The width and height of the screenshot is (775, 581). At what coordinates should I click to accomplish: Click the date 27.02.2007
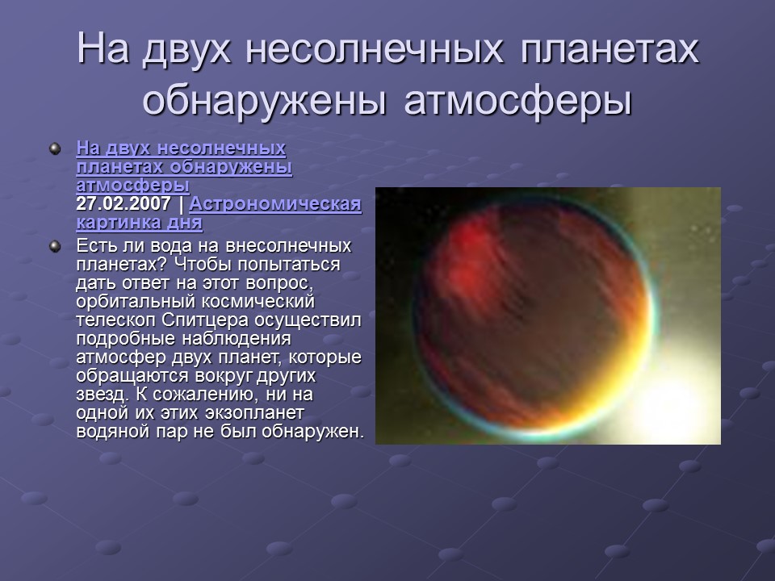[123, 203]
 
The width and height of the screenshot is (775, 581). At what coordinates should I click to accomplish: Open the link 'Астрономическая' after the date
[274, 203]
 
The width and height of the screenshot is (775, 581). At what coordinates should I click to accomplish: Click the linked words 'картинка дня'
[139, 222]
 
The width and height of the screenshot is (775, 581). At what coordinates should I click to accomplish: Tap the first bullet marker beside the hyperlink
[55, 148]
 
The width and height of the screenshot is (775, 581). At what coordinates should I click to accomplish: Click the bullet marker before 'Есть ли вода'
[55, 245]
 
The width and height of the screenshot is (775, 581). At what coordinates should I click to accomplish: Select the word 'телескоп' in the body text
[112, 320]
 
